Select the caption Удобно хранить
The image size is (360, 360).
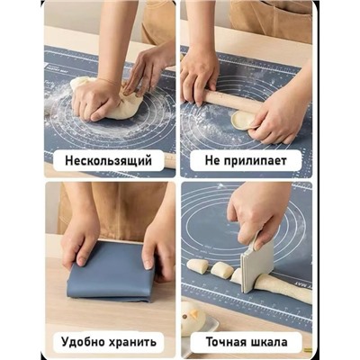pos(112,341)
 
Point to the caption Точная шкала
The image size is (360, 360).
pos(247,341)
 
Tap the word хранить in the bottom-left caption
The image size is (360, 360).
pos(134,341)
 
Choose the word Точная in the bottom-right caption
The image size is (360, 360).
pos(225,341)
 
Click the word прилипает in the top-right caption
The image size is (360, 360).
pos(256,161)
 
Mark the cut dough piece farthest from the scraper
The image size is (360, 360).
pos(197,265)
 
